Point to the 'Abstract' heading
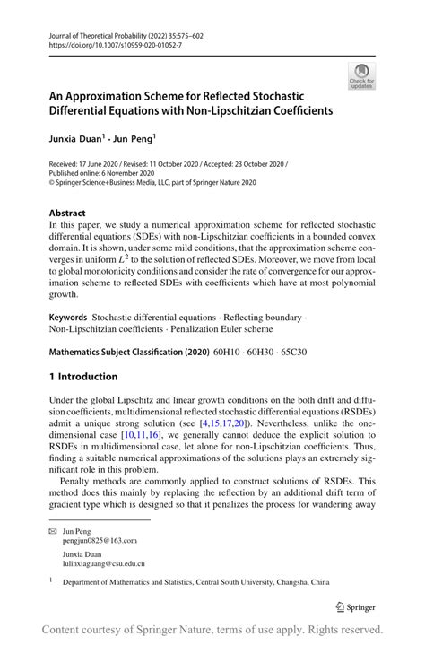(69, 214)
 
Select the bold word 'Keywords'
(68, 318)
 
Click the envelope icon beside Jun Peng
(51, 531)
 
